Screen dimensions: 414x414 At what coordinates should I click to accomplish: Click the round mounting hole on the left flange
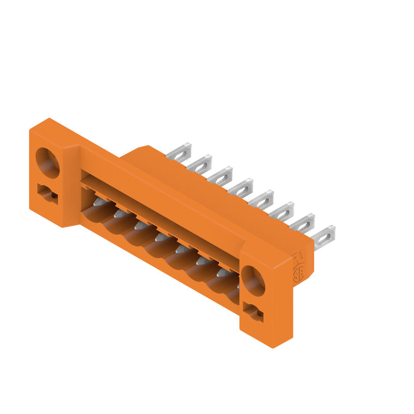pyautogui.click(x=47, y=162)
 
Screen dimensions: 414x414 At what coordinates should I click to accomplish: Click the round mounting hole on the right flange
pyautogui.click(x=253, y=280)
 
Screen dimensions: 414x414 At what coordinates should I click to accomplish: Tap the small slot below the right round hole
pyautogui.click(x=253, y=312)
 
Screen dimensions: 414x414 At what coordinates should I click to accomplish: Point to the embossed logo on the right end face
pyautogui.click(x=298, y=266)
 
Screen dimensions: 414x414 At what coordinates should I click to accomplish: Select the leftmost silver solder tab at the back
pyautogui.click(x=180, y=152)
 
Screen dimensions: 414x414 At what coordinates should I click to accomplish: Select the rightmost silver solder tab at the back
pyautogui.click(x=324, y=236)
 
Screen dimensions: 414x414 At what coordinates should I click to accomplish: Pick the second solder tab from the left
pyautogui.click(x=200, y=164)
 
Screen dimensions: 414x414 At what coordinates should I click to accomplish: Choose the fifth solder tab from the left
pyautogui.click(x=262, y=200)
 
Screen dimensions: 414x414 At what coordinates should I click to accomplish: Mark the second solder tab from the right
pyautogui.click(x=303, y=224)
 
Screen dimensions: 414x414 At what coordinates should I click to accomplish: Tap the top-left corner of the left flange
pyautogui.click(x=31, y=129)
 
